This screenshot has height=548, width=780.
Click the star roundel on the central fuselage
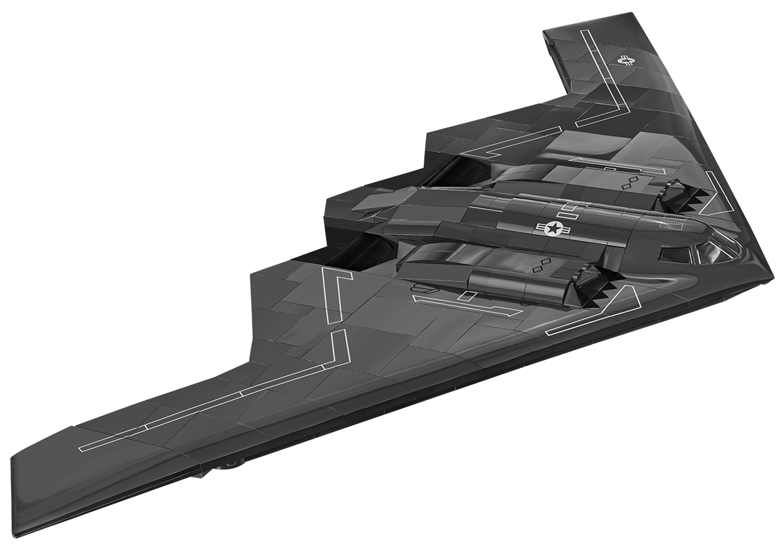[553, 227]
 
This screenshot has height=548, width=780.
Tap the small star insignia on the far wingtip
[626, 61]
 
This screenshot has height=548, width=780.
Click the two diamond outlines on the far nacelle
[629, 182]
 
